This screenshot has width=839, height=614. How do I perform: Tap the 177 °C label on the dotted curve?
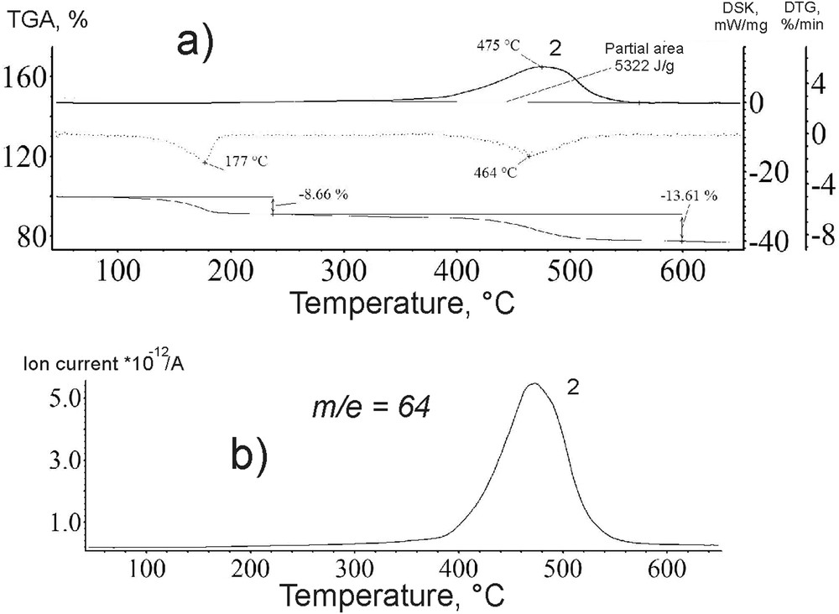pos(246,161)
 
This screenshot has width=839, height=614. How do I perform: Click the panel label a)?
pos(197,40)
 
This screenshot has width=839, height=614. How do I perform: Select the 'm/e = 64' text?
pos(367,408)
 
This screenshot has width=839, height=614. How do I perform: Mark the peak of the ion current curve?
pos(533,384)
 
